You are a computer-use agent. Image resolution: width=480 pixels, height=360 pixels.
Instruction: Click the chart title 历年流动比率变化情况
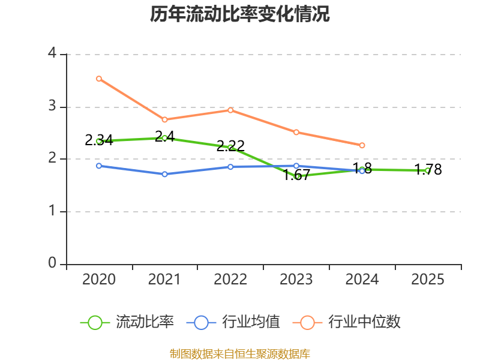(x=240, y=14)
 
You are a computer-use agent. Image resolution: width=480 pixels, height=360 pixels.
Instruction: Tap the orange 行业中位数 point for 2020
(x=99, y=79)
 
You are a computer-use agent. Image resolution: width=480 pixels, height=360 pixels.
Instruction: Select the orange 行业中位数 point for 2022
(x=230, y=110)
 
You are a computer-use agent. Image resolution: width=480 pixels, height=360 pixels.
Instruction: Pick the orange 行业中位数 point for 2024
(x=362, y=145)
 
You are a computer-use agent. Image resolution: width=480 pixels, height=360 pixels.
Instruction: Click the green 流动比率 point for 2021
(x=164, y=138)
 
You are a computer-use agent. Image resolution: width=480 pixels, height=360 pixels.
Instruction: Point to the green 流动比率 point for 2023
(x=296, y=176)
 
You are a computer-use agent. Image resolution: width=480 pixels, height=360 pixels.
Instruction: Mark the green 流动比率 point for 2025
(x=428, y=170)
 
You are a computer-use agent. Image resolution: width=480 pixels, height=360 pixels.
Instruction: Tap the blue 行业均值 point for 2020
(x=99, y=166)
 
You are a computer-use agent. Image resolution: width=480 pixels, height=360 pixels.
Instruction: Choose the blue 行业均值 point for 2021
(x=164, y=174)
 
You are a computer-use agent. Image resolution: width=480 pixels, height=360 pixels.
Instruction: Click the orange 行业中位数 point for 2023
(x=296, y=132)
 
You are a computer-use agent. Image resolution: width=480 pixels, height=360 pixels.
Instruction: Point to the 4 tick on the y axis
(x=52, y=54)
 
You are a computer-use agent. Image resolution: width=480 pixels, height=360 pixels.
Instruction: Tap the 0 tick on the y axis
(x=52, y=263)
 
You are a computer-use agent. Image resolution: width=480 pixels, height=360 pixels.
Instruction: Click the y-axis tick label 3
(x=52, y=106)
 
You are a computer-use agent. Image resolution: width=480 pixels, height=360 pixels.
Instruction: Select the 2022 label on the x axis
(x=230, y=280)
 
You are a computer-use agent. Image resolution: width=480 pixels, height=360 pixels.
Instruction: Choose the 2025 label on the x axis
(x=428, y=280)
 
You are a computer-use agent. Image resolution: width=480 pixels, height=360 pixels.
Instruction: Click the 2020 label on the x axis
(x=99, y=280)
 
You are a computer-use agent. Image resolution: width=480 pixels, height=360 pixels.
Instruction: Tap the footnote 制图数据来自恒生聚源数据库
(x=240, y=353)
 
